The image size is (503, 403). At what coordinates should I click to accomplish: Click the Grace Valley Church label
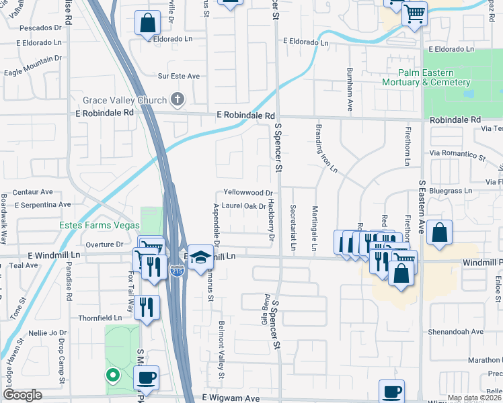(124, 101)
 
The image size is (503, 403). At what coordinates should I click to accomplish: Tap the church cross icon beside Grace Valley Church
(178, 100)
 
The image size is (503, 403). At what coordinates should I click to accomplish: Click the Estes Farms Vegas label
(100, 225)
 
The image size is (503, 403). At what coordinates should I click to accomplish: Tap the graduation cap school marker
(200, 256)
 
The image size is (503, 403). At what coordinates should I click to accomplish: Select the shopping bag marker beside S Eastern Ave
(438, 232)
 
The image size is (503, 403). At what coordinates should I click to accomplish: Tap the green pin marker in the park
(113, 375)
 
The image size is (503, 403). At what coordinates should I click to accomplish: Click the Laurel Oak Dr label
(243, 206)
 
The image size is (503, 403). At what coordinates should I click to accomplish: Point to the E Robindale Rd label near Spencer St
(246, 116)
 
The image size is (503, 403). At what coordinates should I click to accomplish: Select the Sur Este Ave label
(178, 77)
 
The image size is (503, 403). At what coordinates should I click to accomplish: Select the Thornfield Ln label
(101, 318)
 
